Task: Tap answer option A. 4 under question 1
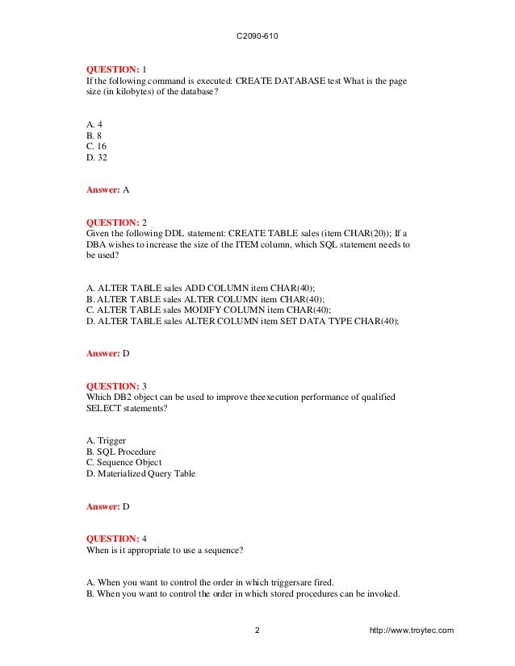(x=94, y=124)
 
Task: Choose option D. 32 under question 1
(x=96, y=158)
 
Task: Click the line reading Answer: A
(x=107, y=190)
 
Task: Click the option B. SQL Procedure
(x=120, y=452)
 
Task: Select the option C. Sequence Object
(x=124, y=463)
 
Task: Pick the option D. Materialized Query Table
(x=140, y=474)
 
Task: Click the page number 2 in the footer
(x=257, y=630)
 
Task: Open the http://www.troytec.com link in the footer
(x=410, y=630)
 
